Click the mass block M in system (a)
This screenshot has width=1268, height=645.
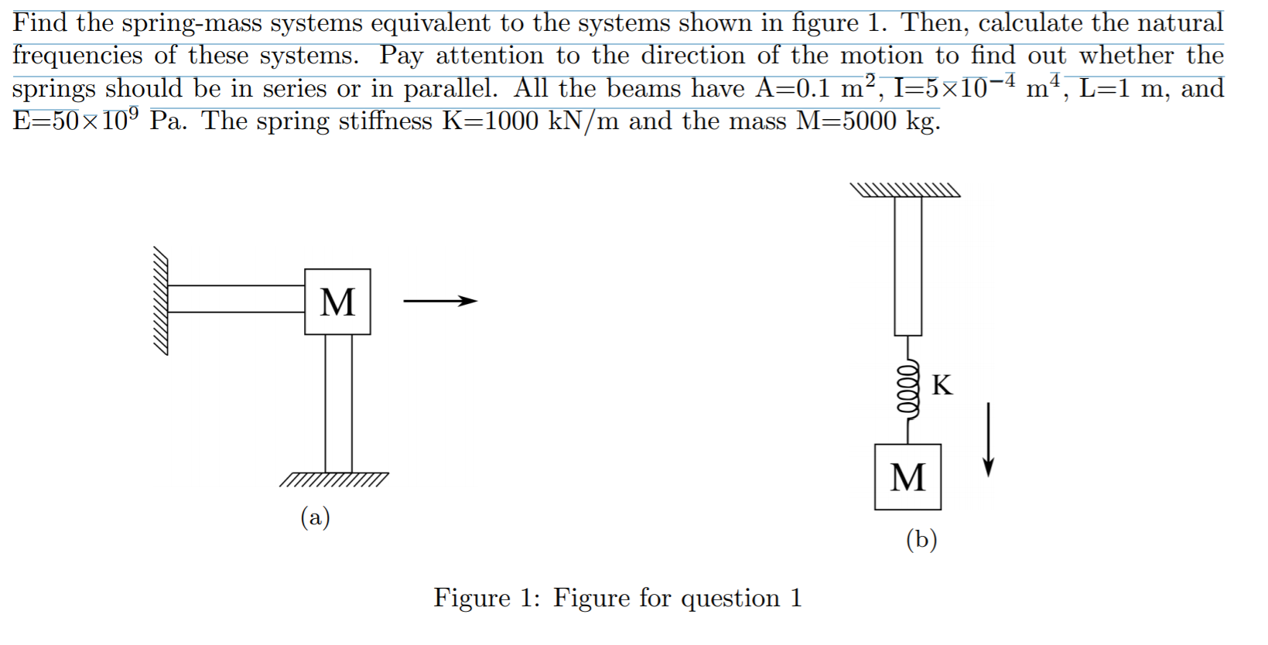[337, 302]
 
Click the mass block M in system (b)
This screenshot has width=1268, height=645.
[907, 476]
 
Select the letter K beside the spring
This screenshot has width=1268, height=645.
[942, 384]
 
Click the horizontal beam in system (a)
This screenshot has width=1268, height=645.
[236, 299]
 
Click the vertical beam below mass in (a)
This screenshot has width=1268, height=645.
[338, 402]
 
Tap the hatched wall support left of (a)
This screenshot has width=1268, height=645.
[160, 300]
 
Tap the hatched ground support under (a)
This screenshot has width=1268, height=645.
[334, 479]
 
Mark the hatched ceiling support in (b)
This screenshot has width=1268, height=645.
[904, 190]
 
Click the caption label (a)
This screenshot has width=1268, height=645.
[315, 516]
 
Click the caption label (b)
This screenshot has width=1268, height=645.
[921, 538]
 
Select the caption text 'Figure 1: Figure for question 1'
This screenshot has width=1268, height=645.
[617, 597]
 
